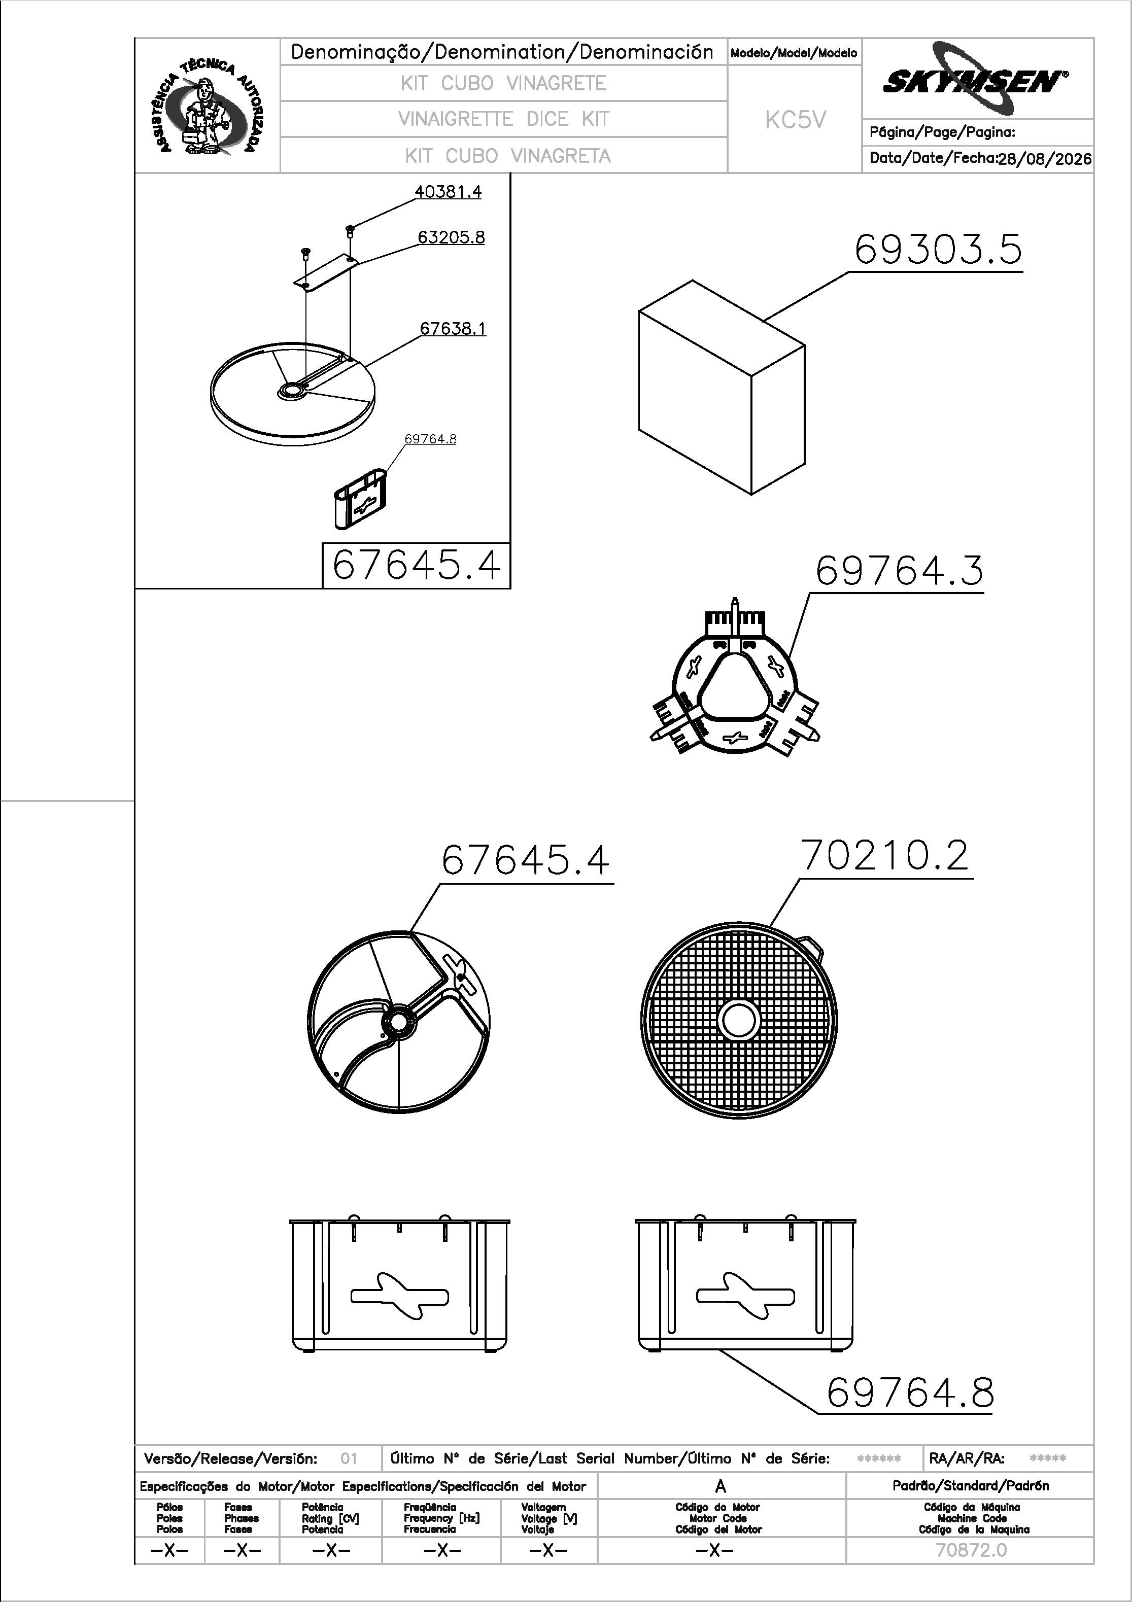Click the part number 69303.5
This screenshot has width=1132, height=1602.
[938, 249]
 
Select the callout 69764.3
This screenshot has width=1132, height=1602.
[899, 571]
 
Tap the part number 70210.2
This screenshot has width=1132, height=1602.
[885, 855]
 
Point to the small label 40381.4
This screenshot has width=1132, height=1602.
[448, 192]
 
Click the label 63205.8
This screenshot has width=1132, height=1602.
[451, 237]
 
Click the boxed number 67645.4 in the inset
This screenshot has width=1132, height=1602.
[417, 565]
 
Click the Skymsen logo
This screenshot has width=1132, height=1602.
[976, 79]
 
